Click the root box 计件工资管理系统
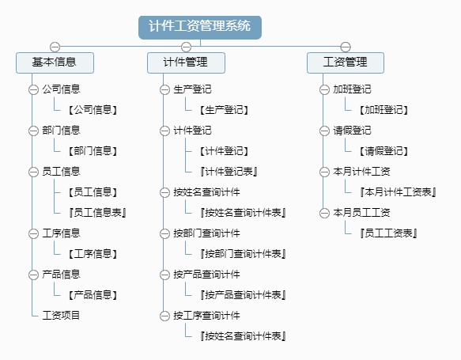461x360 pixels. pyautogui.click(x=200, y=28)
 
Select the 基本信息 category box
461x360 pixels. pyautogui.click(x=55, y=63)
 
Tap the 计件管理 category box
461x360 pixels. pyautogui.click(x=186, y=63)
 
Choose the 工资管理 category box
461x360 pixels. pyautogui.click(x=346, y=63)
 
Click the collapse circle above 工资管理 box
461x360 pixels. pyautogui.click(x=346, y=47)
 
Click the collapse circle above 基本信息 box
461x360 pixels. pyautogui.click(x=55, y=47)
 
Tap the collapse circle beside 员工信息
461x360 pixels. pyautogui.click(x=33, y=172)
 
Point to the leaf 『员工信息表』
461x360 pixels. pyautogui.click(x=98, y=213)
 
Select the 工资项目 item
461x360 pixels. pyautogui.click(x=61, y=315)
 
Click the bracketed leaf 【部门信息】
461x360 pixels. pyautogui.click(x=93, y=151)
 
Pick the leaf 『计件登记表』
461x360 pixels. pyautogui.click(x=229, y=172)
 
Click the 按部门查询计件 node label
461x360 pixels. pyautogui.click(x=206, y=233)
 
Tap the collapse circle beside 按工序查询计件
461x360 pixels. pyautogui.click(x=164, y=316)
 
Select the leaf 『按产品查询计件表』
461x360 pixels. pyautogui.click(x=243, y=295)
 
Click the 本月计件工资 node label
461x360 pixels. pyautogui.click(x=361, y=172)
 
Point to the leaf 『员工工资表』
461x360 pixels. pyautogui.click(x=389, y=233)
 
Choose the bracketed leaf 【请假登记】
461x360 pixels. pyautogui.click(x=384, y=151)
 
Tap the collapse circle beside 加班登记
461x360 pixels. pyautogui.click(x=324, y=89)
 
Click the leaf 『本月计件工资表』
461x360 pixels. pyautogui.click(x=398, y=192)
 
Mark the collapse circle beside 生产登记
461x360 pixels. pyautogui.click(x=164, y=89)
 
